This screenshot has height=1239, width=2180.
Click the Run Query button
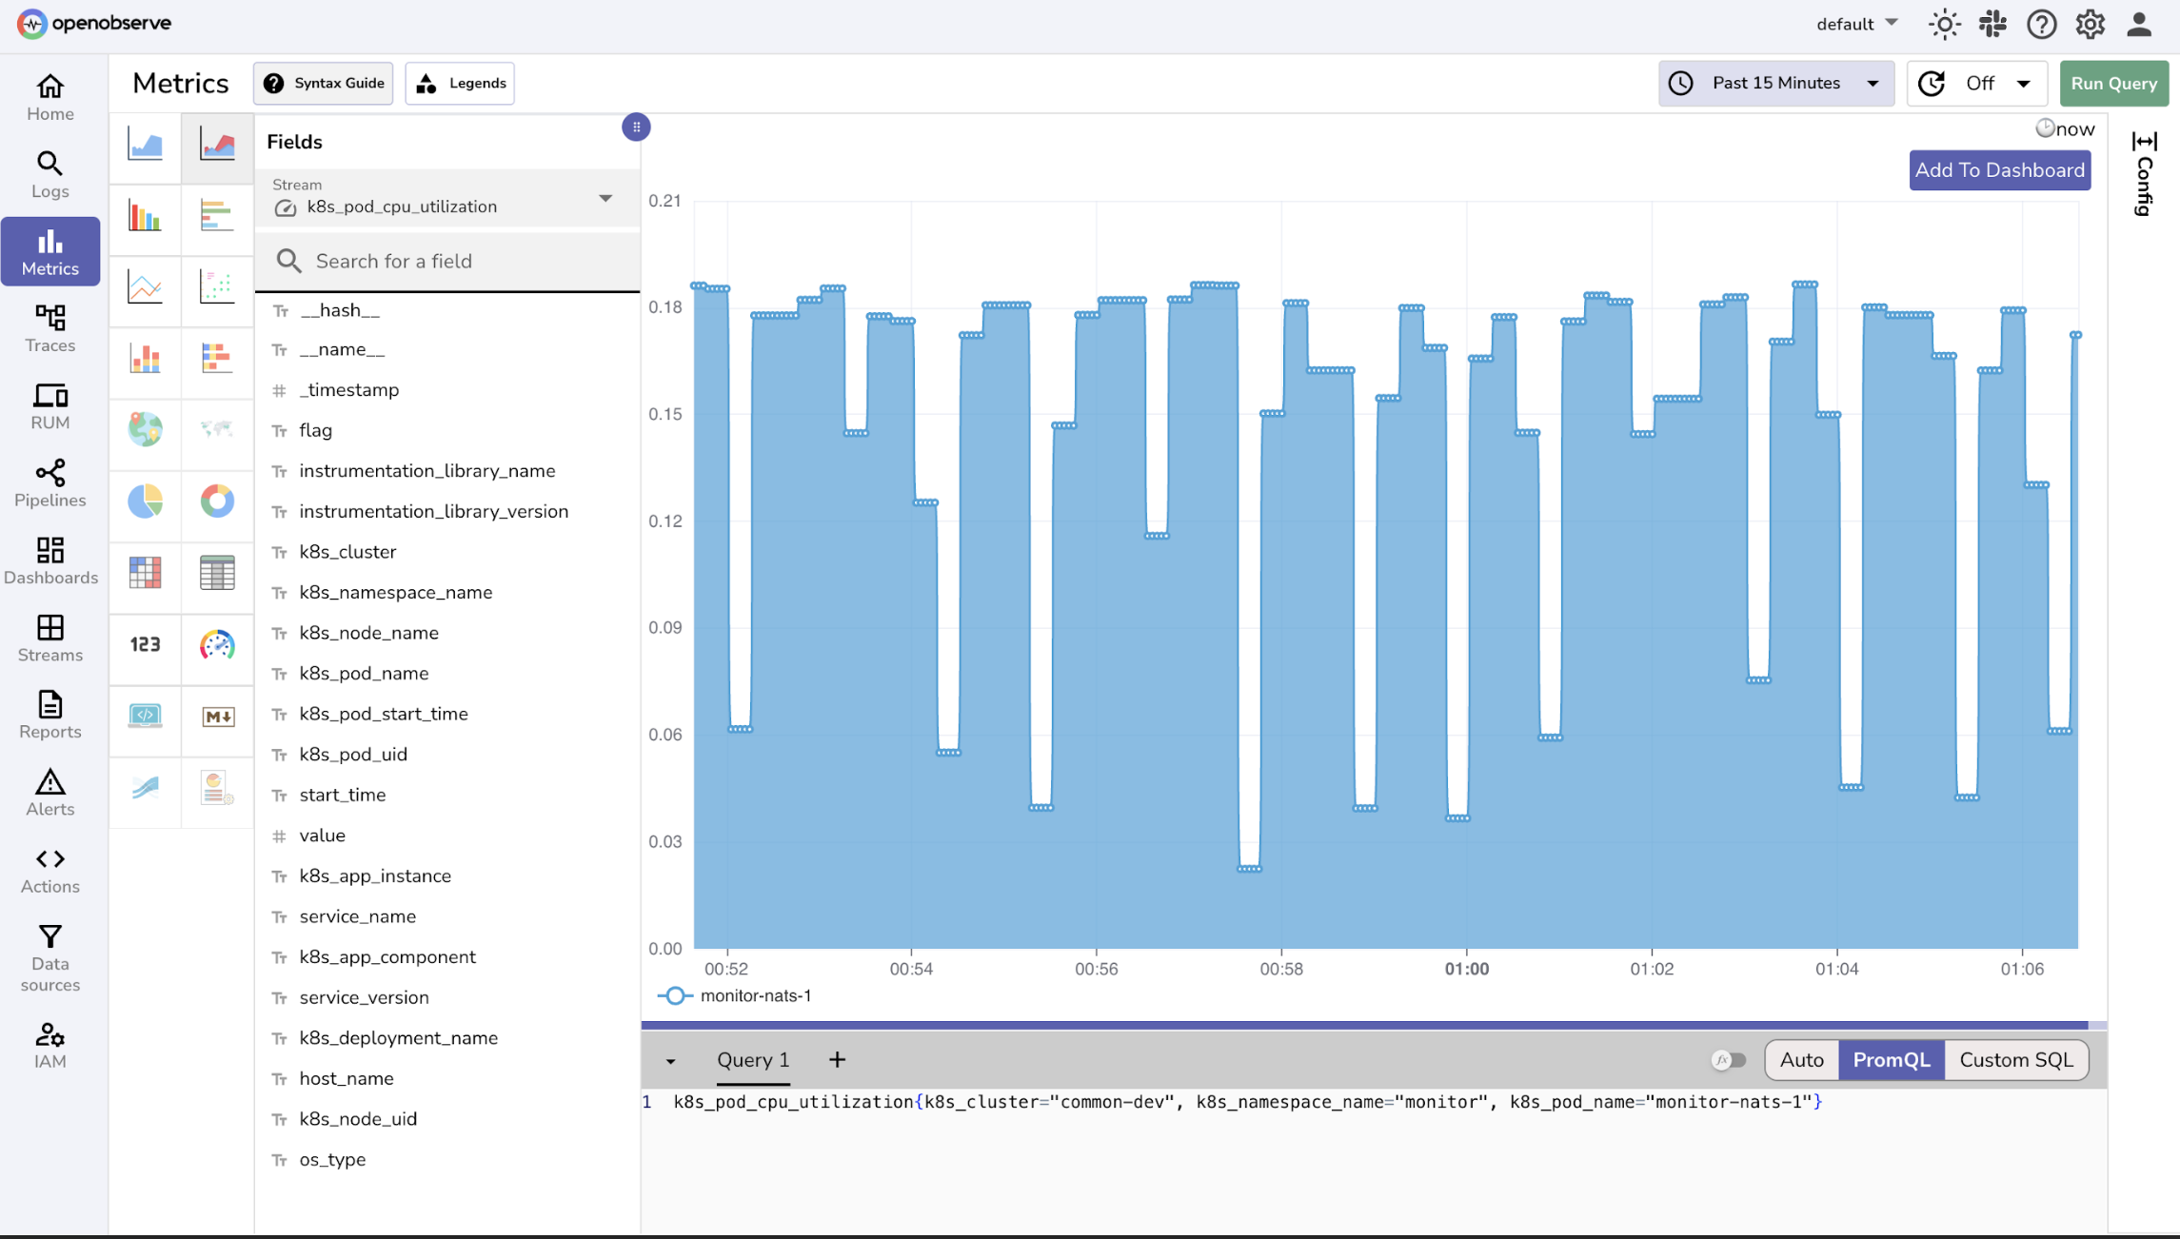point(2113,84)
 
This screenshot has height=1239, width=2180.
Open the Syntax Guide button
point(324,84)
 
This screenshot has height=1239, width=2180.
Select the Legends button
point(461,84)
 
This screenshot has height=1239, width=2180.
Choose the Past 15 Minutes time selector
point(1775,84)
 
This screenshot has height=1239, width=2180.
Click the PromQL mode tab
point(1891,1060)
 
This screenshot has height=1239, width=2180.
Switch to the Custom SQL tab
point(2015,1060)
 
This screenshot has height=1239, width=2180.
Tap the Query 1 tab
point(753,1060)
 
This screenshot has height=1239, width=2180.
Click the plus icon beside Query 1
point(837,1060)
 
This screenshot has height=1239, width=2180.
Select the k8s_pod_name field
point(364,674)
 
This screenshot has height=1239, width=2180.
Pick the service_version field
point(364,997)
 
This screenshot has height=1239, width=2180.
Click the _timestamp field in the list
point(348,390)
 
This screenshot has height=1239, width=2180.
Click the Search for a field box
point(457,262)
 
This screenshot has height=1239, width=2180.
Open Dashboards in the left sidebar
point(50,560)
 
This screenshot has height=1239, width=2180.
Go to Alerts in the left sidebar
point(50,793)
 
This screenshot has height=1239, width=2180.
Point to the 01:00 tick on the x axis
point(1466,969)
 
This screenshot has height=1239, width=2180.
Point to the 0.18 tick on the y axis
point(664,307)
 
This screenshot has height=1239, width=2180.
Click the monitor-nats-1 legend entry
point(755,996)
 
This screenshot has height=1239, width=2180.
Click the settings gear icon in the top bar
point(2090,25)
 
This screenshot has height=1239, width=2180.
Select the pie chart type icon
point(146,501)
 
